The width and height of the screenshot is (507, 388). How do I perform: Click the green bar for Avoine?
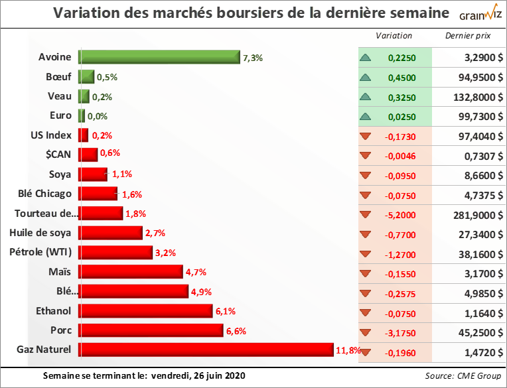pyautogui.click(x=159, y=58)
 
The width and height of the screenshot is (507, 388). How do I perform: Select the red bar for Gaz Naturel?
pyautogui.click(x=206, y=350)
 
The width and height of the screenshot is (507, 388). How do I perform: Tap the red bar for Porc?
pyautogui.click(x=151, y=330)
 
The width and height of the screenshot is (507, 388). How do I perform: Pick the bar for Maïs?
pyautogui.click(x=131, y=272)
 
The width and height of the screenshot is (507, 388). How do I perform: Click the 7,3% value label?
pyautogui.click(x=253, y=58)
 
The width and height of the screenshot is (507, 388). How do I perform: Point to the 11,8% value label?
pyautogui.click(x=348, y=350)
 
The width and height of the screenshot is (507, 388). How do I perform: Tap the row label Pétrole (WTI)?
pyautogui.click(x=40, y=252)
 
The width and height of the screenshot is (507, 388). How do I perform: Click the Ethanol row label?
pyautogui.click(x=54, y=310)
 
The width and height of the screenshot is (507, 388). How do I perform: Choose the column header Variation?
pyautogui.click(x=394, y=36)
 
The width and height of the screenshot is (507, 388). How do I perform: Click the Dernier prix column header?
pyautogui.click(x=469, y=36)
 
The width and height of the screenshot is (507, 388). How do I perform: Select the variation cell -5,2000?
pyautogui.click(x=401, y=215)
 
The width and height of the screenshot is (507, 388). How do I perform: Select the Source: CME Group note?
pyautogui.click(x=463, y=376)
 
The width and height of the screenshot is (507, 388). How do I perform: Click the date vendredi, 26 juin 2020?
pyautogui.click(x=198, y=376)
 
